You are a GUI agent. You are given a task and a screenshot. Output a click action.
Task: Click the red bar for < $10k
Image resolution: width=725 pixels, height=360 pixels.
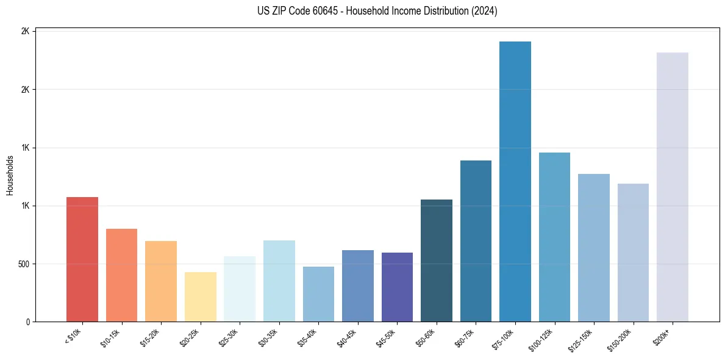[x=82, y=259]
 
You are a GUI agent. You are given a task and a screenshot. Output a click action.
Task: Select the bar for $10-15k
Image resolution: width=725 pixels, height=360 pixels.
[x=121, y=275]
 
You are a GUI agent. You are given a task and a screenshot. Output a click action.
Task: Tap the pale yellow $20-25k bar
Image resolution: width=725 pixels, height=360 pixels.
[x=200, y=297]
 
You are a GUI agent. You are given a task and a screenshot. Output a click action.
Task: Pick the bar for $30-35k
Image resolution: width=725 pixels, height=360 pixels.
[x=279, y=281]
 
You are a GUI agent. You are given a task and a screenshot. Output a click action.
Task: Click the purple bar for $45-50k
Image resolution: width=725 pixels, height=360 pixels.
[x=397, y=287]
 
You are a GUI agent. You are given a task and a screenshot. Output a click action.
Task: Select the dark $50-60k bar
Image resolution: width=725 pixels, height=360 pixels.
[x=437, y=261]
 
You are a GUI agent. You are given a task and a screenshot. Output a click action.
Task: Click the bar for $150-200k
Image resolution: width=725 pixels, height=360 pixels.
[x=633, y=253]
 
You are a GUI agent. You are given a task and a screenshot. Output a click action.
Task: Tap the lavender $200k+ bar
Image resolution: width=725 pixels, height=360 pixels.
[x=673, y=187]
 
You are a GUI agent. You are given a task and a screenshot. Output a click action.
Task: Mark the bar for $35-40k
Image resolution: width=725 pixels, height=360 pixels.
[x=318, y=294]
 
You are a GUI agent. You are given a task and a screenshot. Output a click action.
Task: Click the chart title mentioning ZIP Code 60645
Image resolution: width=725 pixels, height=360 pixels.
[x=369, y=11]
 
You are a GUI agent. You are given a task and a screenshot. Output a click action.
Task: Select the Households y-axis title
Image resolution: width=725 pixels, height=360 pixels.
[x=10, y=175]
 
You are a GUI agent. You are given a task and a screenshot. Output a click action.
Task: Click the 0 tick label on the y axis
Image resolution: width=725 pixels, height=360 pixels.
[x=28, y=322]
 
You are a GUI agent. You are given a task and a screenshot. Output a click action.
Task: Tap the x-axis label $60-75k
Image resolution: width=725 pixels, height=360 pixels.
[x=466, y=337]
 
